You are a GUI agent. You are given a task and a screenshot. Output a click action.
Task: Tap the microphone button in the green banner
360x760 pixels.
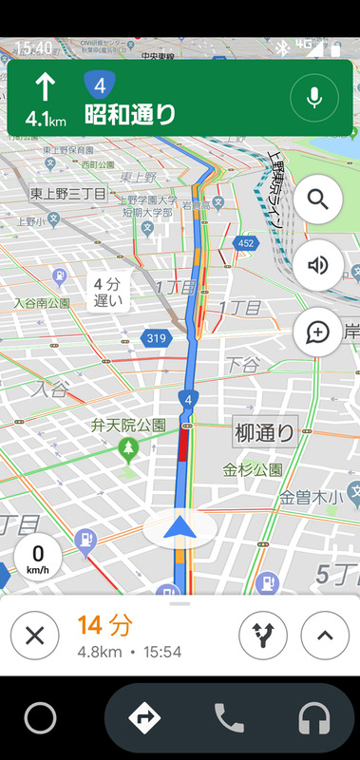[315, 97]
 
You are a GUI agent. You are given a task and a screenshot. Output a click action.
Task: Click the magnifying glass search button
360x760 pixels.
[318, 200]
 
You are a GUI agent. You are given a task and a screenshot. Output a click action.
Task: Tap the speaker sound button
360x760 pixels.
[318, 266]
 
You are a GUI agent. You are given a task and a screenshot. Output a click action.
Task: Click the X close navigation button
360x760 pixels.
[34, 636]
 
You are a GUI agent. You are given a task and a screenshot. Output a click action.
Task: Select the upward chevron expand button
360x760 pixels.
[325, 636]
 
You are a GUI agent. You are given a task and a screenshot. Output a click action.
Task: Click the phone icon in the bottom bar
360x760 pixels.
[229, 717]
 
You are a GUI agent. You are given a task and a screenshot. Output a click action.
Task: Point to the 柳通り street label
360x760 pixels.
[266, 432]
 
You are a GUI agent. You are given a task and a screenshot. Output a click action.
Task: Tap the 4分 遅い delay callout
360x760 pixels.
[108, 293]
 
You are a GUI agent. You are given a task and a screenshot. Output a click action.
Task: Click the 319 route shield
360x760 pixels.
[156, 337]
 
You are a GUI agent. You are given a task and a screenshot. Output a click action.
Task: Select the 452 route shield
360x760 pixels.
[246, 244]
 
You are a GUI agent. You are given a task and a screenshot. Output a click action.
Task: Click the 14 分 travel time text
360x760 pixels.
[104, 625]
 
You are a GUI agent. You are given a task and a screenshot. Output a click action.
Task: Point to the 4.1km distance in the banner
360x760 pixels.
[45, 120]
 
